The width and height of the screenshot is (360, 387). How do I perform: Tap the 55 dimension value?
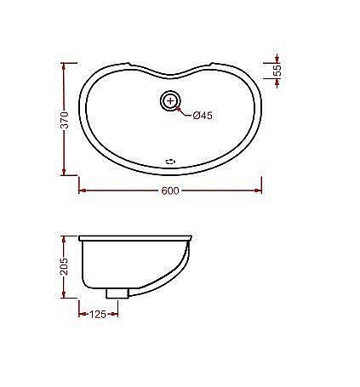(x=277, y=71)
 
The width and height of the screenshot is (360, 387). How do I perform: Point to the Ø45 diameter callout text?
(x=202, y=116)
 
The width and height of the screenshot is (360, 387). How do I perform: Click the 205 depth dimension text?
(x=64, y=266)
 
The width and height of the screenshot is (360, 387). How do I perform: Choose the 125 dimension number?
(x=99, y=314)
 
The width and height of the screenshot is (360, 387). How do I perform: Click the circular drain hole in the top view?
(x=171, y=101)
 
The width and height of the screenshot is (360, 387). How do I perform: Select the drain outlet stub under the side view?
(x=117, y=292)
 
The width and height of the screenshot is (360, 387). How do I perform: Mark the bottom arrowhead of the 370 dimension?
(x=65, y=174)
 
